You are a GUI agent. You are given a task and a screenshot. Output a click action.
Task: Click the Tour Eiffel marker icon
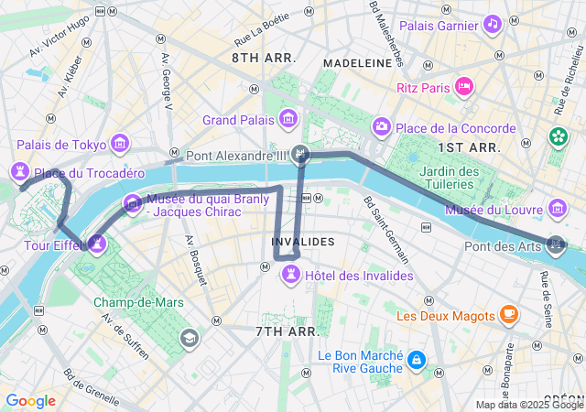(x=96, y=244)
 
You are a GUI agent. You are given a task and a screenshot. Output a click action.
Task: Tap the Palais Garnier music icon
(x=493, y=24)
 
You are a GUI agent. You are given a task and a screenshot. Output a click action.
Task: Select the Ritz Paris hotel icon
(x=464, y=88)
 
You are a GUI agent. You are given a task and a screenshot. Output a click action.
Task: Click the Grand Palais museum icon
(x=289, y=119)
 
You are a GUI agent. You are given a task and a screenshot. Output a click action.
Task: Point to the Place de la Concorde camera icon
(x=381, y=126)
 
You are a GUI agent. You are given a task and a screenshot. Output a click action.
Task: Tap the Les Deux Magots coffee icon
(x=509, y=316)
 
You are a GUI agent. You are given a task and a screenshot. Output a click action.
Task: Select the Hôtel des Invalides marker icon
(x=290, y=273)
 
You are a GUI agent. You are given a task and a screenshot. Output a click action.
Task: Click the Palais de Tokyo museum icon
(x=119, y=144)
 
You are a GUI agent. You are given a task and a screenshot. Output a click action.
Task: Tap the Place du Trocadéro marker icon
(x=20, y=171)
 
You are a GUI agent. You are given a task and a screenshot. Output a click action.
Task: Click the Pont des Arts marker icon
(x=555, y=244)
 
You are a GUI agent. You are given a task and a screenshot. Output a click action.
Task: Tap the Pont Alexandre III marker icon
(x=301, y=155)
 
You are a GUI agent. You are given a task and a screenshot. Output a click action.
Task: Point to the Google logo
(x=30, y=401)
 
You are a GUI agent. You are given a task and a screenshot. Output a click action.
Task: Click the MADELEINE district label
(x=358, y=63)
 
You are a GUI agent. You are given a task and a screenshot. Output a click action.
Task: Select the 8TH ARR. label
(x=263, y=58)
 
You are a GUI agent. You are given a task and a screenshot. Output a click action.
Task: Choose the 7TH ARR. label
(x=287, y=331)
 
